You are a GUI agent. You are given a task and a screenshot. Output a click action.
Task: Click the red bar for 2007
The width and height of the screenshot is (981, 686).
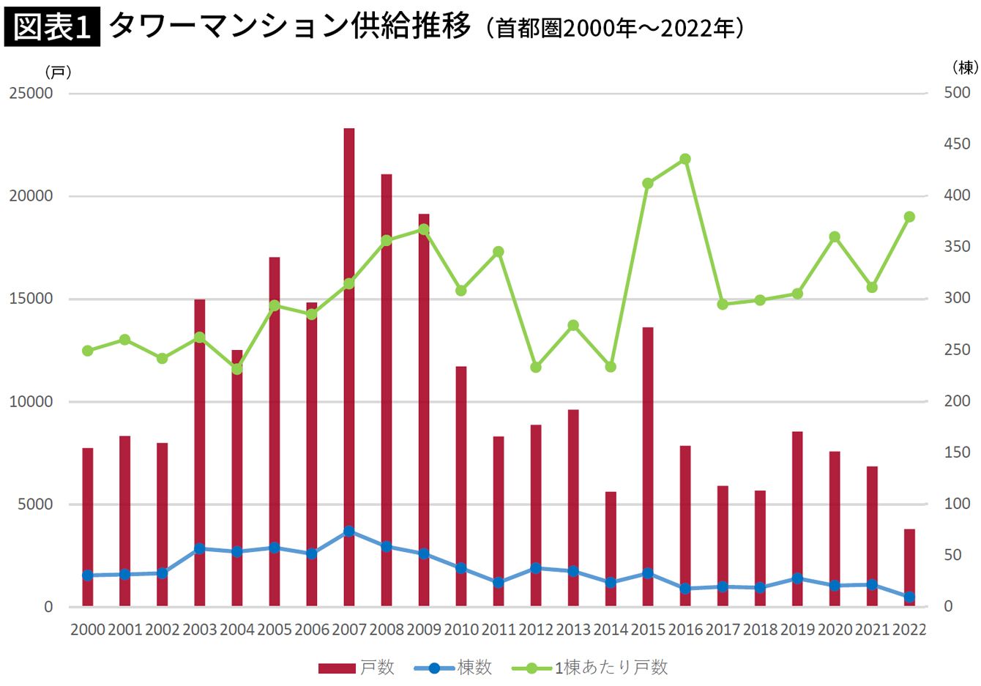click(349, 366)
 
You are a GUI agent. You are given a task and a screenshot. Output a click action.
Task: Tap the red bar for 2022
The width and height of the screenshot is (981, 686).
click(909, 567)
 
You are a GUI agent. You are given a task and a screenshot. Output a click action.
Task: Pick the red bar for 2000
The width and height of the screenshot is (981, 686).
click(88, 527)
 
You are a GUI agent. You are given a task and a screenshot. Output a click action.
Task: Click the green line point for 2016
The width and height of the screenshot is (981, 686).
click(685, 159)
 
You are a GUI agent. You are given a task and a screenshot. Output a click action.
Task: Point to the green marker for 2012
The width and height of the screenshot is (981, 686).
click(536, 367)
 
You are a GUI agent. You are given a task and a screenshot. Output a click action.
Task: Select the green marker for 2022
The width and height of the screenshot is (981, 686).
click(909, 217)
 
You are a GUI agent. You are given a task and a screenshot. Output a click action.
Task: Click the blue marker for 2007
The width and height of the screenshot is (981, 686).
click(349, 531)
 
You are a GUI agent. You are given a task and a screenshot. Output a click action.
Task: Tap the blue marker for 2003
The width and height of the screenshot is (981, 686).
click(200, 548)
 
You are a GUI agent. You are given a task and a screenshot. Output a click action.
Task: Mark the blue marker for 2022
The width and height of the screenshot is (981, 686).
click(909, 597)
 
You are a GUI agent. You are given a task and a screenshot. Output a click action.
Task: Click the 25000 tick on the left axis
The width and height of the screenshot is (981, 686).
click(31, 94)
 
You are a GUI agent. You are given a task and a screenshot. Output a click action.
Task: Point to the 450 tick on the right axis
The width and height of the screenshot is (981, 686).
click(957, 144)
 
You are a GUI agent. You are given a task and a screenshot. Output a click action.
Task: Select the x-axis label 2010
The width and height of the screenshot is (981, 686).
click(461, 630)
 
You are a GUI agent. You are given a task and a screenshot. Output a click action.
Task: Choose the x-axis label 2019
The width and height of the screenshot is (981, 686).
click(797, 630)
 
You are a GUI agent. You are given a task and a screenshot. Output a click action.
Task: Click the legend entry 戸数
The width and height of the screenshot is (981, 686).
click(357, 668)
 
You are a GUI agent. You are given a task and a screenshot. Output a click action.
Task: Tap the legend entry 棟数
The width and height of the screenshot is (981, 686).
click(454, 668)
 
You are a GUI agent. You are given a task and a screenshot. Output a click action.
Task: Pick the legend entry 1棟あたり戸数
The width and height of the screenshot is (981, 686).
click(590, 668)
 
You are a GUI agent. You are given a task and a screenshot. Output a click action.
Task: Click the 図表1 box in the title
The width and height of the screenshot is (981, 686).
click(52, 28)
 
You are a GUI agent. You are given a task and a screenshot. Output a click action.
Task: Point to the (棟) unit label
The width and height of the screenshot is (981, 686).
click(965, 67)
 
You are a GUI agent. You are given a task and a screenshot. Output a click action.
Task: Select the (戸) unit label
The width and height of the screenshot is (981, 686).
click(58, 72)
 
